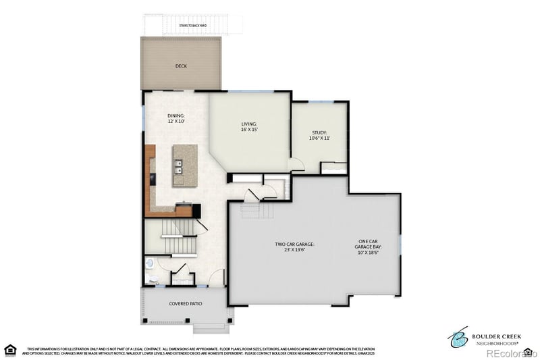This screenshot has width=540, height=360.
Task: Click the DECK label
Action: (180, 66)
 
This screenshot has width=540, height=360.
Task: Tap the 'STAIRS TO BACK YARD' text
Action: (192, 26)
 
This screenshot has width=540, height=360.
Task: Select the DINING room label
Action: (175, 115)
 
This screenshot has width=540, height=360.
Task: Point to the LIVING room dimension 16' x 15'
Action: (250, 129)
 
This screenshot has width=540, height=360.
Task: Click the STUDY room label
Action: (319, 132)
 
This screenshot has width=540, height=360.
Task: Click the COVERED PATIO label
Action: (186, 304)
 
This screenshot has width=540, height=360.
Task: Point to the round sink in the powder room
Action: (150, 264)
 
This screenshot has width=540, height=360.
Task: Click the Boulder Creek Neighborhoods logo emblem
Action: (459, 335)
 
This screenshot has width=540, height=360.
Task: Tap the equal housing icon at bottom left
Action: (10, 349)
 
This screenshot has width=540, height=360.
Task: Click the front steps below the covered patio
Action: (211, 328)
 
